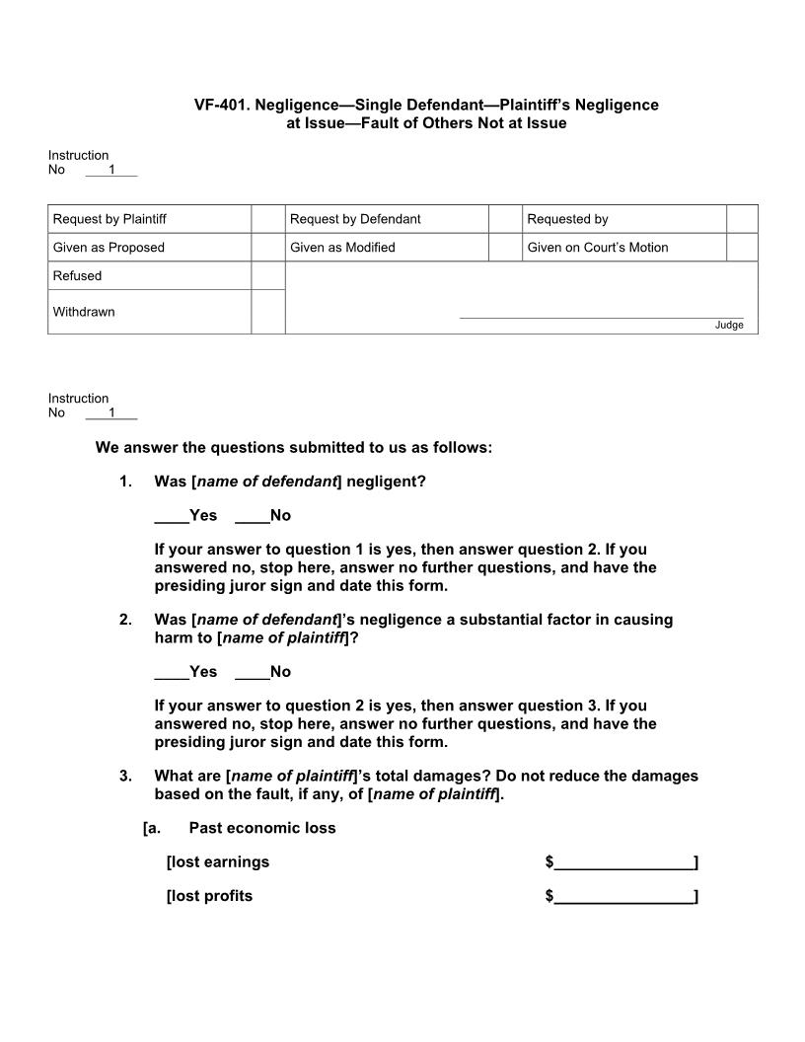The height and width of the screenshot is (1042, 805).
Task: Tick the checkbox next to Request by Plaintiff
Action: click(267, 219)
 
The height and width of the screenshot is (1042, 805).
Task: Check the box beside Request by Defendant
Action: click(505, 219)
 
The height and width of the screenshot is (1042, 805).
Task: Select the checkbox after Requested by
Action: click(742, 219)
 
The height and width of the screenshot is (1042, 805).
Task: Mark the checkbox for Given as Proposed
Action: click(267, 248)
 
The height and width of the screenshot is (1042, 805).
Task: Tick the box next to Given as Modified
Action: click(505, 248)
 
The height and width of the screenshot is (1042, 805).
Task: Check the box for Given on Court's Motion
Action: click(742, 248)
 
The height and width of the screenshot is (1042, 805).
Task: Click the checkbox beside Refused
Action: click(267, 276)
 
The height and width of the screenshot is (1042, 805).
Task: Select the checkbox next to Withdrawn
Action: click(267, 312)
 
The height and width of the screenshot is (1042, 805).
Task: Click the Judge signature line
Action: click(602, 316)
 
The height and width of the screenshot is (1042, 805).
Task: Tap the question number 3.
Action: click(125, 776)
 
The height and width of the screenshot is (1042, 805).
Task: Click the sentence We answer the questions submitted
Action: click(293, 448)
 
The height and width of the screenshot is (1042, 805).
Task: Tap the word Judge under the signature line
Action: click(729, 326)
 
